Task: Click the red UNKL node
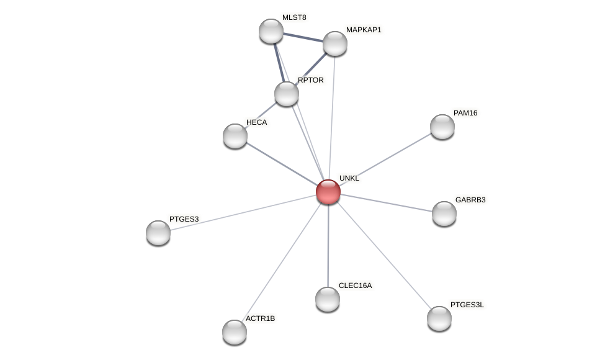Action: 328,192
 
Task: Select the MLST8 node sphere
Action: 271,31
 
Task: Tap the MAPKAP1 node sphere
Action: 335,43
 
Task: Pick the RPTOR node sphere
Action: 287,94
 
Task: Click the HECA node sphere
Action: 235,136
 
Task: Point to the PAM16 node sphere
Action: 442,127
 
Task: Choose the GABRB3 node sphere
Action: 444,214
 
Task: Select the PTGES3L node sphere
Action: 439,318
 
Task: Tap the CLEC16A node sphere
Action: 328,299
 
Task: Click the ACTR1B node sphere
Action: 235,332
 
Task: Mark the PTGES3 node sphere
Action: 158,233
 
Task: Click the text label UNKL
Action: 349,178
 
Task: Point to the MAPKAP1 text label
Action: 364,30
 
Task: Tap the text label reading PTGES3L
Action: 467,305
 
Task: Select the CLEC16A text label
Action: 355,286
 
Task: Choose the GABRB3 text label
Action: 470,200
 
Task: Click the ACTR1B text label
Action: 260,318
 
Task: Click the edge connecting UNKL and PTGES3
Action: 242,212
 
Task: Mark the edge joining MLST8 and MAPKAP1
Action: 303,37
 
